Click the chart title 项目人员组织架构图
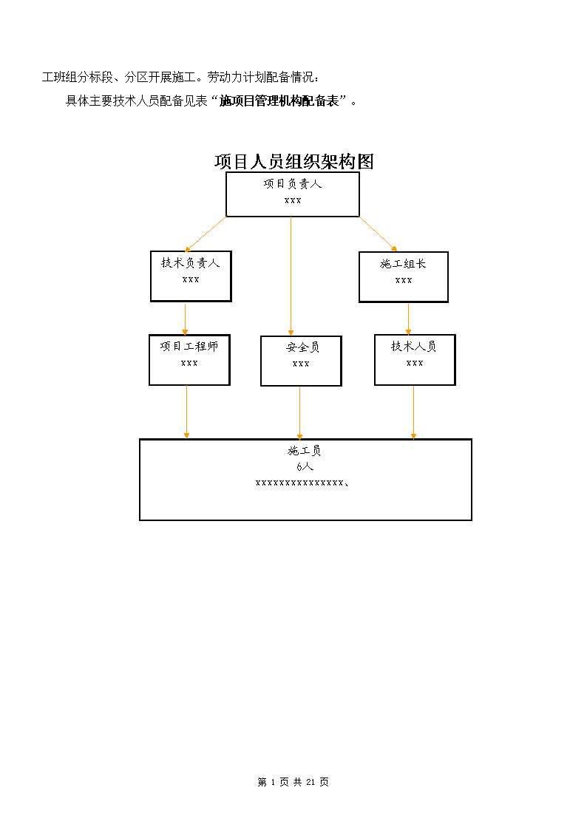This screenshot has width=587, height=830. [x=293, y=161]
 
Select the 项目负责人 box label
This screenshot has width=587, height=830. [x=293, y=184]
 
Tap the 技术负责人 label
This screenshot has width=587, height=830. [x=191, y=262]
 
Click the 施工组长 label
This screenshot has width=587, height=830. [x=404, y=264]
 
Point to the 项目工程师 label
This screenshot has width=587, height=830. [x=189, y=346]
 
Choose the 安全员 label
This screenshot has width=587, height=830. [x=303, y=347]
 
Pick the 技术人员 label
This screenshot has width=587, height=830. [x=414, y=346]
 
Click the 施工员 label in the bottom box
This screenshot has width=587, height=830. [x=305, y=450]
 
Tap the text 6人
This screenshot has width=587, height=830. [x=305, y=466]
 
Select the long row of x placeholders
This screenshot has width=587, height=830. [x=302, y=483]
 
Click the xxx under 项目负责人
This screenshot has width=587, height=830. [x=293, y=200]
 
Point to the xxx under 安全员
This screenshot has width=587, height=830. [x=301, y=364]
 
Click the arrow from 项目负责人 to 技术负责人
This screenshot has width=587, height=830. [x=206, y=234]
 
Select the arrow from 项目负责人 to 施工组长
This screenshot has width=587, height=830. [x=378, y=234]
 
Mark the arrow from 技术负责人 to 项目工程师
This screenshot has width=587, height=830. [x=185, y=319]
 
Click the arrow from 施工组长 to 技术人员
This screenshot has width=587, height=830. [x=408, y=319]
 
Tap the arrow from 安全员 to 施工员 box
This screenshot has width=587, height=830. [x=299, y=413]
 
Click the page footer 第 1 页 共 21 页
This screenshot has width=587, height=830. [x=293, y=782]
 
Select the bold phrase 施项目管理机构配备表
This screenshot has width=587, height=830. [x=279, y=101]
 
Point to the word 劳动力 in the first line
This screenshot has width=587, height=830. [x=225, y=78]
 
